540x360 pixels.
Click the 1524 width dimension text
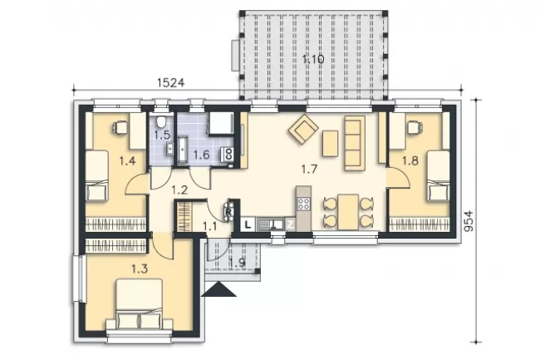pyautogui.click(x=171, y=82)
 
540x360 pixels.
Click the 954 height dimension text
pyautogui.click(x=469, y=221)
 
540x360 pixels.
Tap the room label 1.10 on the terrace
pyautogui.click(x=313, y=59)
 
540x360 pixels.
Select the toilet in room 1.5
pyautogui.click(x=161, y=121)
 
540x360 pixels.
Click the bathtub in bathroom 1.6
pyautogui.click(x=183, y=149)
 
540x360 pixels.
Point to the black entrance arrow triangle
pyautogui.click(x=218, y=289)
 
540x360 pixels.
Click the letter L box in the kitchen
pyautogui.click(x=248, y=224)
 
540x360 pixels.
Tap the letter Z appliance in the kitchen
pyautogui.click(x=291, y=224)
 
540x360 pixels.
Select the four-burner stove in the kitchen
pyautogui.click(x=303, y=204)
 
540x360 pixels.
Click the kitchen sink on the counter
pyautogui.click(x=271, y=224)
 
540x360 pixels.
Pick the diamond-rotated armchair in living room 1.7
pyautogui.click(x=303, y=129)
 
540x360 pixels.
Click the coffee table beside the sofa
pyautogui.click(x=331, y=144)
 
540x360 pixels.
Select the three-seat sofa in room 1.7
pyautogui.click(x=355, y=143)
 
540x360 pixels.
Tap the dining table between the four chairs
pyautogui.click(x=348, y=212)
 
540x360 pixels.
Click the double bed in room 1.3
pyautogui.click(x=139, y=303)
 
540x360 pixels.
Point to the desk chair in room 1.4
pyautogui.click(x=119, y=127)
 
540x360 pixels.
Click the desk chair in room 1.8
pyautogui.click(x=415, y=127)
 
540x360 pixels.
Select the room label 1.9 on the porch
pyautogui.click(x=238, y=263)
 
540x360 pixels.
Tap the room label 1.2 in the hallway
pyautogui.click(x=179, y=190)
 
